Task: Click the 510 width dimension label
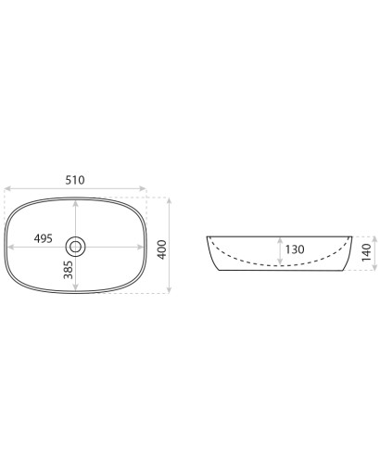75,180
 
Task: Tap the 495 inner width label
44,238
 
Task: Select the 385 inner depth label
69,270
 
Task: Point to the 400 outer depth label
162,249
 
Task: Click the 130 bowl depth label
295,249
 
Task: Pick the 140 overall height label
367,252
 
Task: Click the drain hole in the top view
75,247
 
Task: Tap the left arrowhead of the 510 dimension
7,188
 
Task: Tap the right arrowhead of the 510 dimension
143,188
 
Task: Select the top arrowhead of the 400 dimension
169,201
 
